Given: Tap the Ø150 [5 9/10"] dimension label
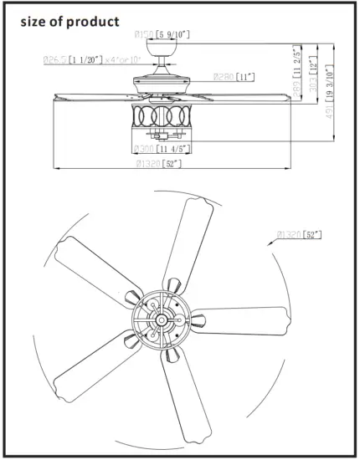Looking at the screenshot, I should pyautogui.click(x=162, y=33).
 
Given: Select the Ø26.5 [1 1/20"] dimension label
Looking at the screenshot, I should pyautogui.click(x=73, y=59).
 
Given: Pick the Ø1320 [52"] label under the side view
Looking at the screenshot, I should pyautogui.click(x=158, y=163).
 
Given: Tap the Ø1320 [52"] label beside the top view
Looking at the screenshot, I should pyautogui.click(x=297, y=235).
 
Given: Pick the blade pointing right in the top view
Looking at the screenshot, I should pyautogui.click(x=243, y=322).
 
